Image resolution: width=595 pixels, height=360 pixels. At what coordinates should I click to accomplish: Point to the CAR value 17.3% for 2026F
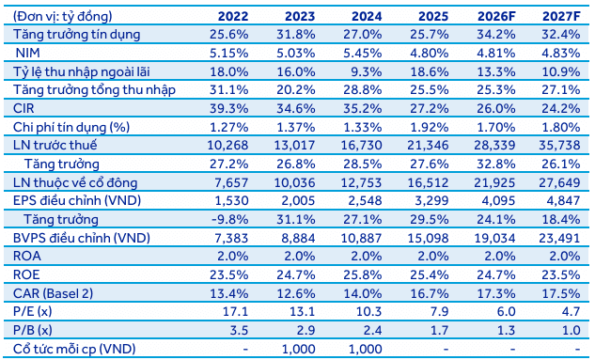click(x=493, y=292)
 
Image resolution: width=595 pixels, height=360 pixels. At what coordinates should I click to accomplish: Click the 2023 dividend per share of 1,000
click(x=319, y=348)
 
